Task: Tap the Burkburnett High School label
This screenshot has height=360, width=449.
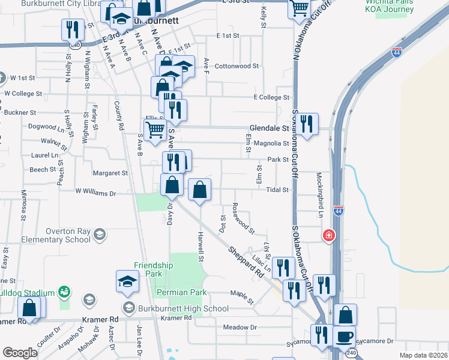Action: (183, 308)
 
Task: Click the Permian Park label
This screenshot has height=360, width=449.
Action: (181, 292)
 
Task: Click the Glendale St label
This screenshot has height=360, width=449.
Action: (270, 128)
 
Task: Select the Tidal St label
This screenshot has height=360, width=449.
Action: (278, 190)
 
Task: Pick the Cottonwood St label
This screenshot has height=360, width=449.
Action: (237, 66)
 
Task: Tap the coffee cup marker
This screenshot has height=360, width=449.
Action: (344, 337)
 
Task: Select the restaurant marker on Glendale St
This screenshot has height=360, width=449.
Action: (307, 124)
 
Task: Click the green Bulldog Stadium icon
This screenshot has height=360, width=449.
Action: (64, 292)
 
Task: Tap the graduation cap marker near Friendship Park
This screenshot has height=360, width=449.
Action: (127, 281)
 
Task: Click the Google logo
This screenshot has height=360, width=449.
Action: (20, 352)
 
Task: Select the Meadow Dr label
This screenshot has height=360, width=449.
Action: (240, 327)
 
